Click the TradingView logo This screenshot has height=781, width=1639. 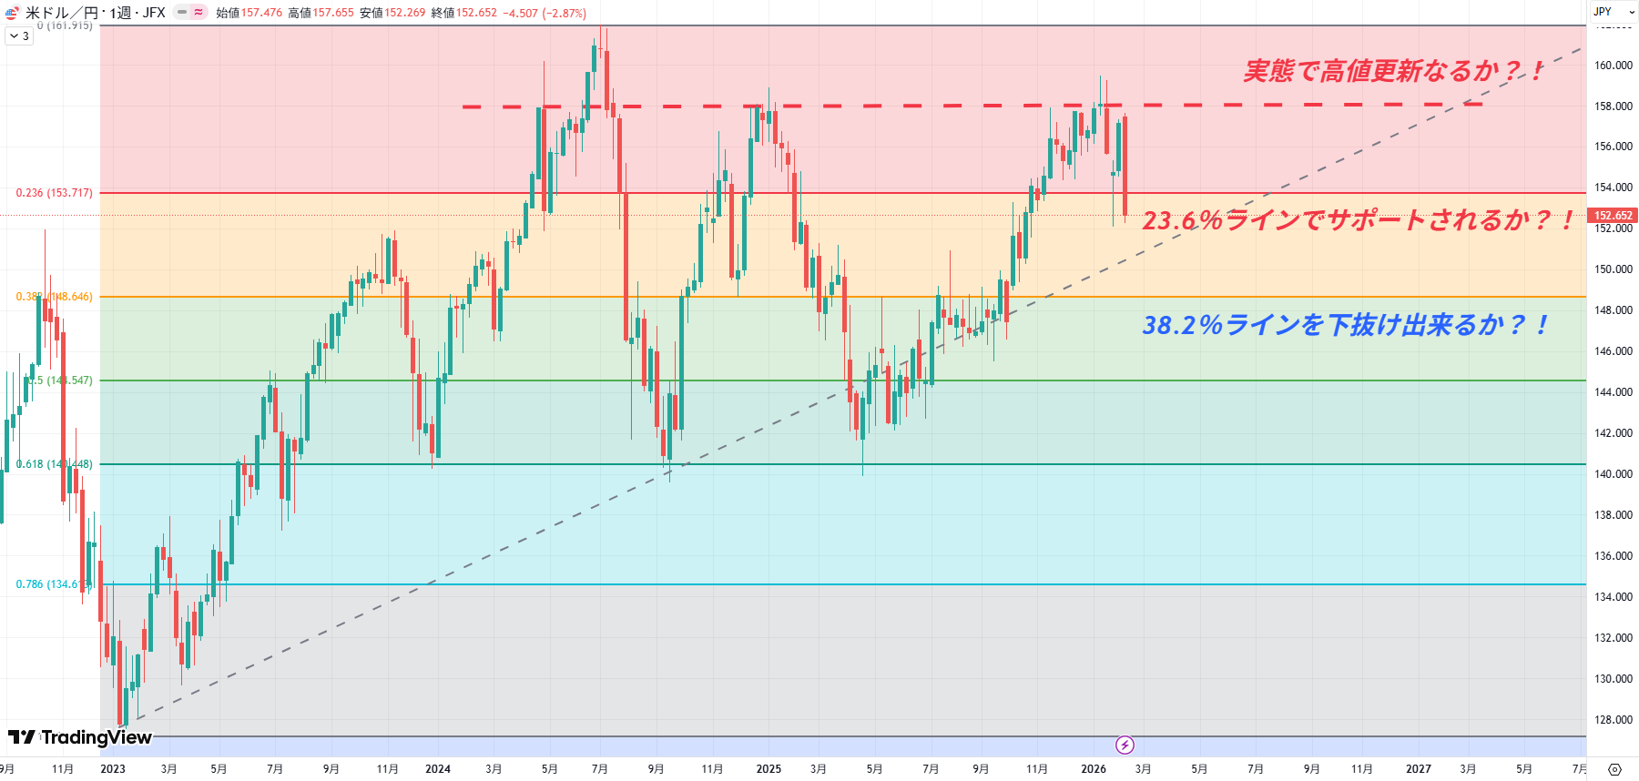(x=80, y=737)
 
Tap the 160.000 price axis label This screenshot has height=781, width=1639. (x=1614, y=66)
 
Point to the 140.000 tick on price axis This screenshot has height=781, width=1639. (x=1614, y=474)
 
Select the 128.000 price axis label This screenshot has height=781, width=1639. (x=1614, y=720)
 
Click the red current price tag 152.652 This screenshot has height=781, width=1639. (x=1614, y=216)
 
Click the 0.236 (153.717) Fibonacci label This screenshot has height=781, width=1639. (x=54, y=193)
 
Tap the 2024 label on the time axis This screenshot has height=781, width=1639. (x=438, y=769)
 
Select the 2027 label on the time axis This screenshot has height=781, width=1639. (x=1418, y=769)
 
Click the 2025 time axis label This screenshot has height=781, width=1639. (x=769, y=769)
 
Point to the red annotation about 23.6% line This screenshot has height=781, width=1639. (x=1357, y=220)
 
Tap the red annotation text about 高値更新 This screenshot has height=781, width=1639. (x=1393, y=71)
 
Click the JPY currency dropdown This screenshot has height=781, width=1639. (x=1613, y=12)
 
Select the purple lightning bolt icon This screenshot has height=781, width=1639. (x=1125, y=745)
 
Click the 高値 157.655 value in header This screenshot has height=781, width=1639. (x=332, y=13)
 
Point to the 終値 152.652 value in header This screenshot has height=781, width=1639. (x=476, y=13)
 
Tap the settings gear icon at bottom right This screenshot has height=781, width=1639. (x=1614, y=769)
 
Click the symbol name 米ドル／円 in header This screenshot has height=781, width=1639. (x=61, y=13)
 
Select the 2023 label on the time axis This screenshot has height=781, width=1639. (x=113, y=769)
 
